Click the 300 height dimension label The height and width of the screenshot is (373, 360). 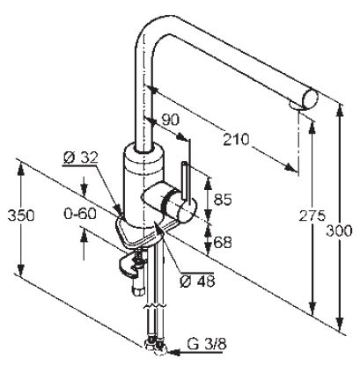pos(339,230)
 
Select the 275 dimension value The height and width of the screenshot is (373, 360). pos(312,216)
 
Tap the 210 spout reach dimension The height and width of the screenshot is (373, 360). pos(236,140)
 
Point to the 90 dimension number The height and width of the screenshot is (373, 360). pos(171,120)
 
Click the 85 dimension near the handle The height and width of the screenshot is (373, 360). pos(223,200)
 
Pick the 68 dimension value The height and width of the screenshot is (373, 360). pos(223,242)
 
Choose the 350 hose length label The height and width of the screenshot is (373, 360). pos(21,216)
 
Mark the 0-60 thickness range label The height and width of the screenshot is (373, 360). pos(80,214)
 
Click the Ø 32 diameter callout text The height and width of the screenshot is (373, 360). pos(80,158)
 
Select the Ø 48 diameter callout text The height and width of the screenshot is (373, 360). pos(197,282)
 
